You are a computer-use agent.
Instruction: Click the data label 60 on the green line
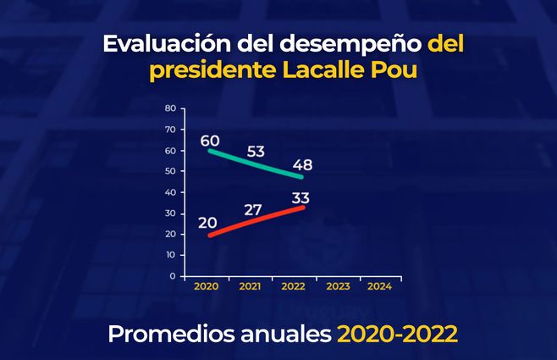click(210, 140)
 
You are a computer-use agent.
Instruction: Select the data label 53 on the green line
click(256, 152)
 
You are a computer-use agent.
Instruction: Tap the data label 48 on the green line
click(302, 164)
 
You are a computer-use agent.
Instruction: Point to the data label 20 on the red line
click(208, 222)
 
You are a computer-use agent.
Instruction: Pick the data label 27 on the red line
click(253, 209)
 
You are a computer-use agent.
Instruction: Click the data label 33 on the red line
click(300, 198)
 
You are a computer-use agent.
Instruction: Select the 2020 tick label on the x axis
click(206, 287)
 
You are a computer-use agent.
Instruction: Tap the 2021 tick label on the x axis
click(250, 287)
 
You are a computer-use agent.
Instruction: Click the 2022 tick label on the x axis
click(293, 287)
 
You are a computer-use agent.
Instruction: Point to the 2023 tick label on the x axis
click(337, 287)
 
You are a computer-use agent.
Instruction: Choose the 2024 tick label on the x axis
click(380, 287)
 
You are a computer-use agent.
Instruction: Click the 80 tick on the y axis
click(170, 108)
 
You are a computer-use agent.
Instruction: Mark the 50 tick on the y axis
click(170, 171)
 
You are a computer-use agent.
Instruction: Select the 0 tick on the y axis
click(172, 276)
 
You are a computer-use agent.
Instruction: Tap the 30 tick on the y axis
click(170, 213)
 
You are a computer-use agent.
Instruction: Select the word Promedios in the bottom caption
click(163, 334)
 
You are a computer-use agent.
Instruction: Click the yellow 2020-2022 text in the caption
click(398, 334)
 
